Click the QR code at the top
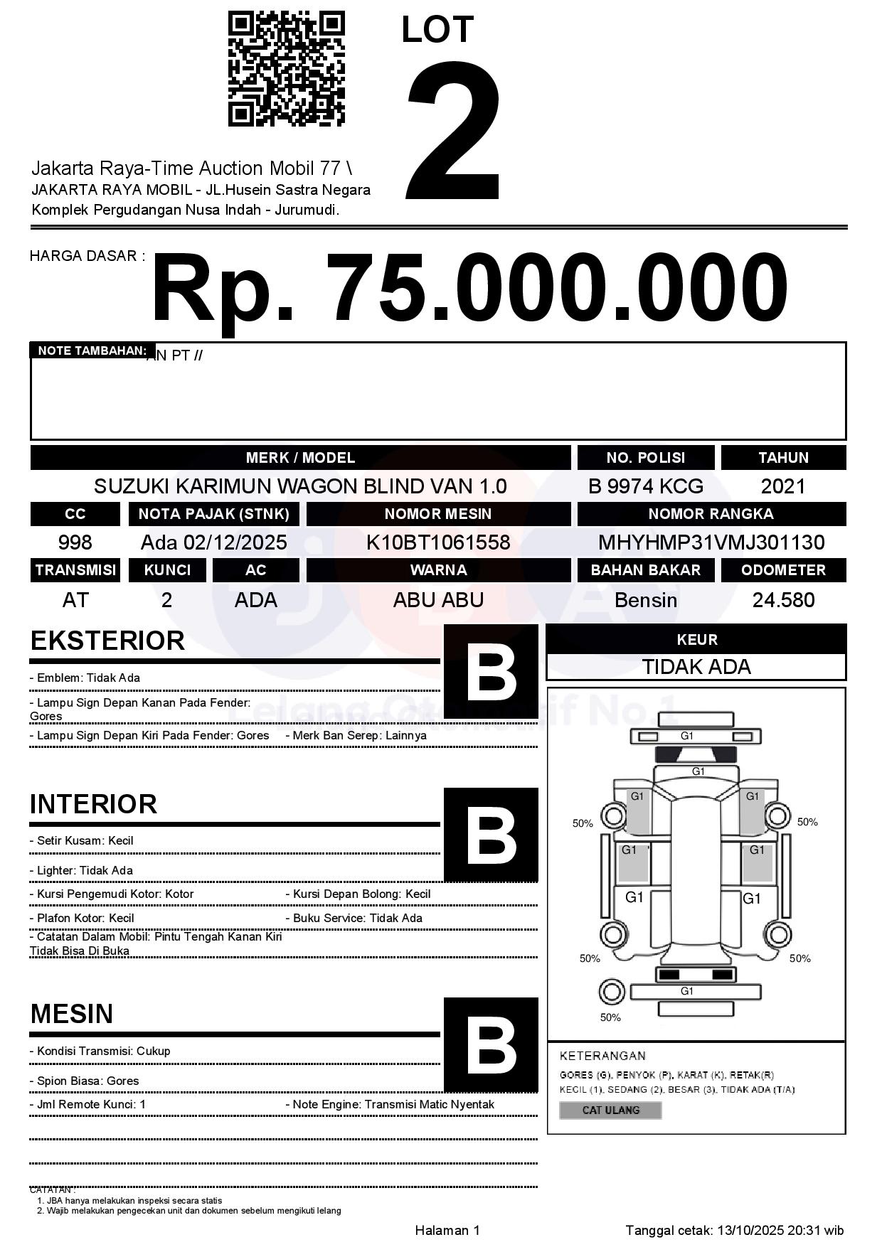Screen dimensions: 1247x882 pyautogui.click(x=286, y=69)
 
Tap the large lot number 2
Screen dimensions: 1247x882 pyautogui.click(x=453, y=132)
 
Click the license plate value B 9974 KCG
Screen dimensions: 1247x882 pyautogui.click(x=645, y=486)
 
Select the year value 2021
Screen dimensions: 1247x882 pyautogui.click(x=782, y=486)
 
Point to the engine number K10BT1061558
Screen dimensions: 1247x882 pyautogui.click(x=438, y=542)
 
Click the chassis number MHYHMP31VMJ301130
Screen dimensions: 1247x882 pyautogui.click(x=711, y=542)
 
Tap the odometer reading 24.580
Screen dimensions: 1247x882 pyautogui.click(x=783, y=600)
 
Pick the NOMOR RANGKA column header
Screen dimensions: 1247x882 pyautogui.click(x=711, y=514)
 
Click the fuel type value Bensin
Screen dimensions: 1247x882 pyautogui.click(x=645, y=600)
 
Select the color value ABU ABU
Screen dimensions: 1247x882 pyautogui.click(x=438, y=600)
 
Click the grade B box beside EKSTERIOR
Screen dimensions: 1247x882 pyautogui.click(x=491, y=671)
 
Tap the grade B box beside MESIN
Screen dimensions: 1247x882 pyautogui.click(x=491, y=1045)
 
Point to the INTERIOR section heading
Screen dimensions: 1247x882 pyautogui.click(x=93, y=804)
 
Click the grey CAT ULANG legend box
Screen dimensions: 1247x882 pyautogui.click(x=610, y=1110)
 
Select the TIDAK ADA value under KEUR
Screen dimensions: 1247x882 pyautogui.click(x=696, y=667)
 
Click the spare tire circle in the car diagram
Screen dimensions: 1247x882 pyautogui.click(x=610, y=991)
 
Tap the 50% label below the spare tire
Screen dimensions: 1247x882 pyautogui.click(x=610, y=1017)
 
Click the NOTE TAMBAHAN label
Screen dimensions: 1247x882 pyautogui.click(x=92, y=350)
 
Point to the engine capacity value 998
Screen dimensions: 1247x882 pyautogui.click(x=75, y=542)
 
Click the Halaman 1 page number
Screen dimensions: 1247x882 pyautogui.click(x=447, y=1230)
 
